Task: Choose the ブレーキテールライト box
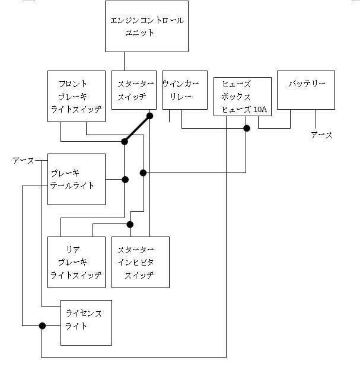click(77, 179)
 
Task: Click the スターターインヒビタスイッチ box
click(141, 262)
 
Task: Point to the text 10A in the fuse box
click(260, 110)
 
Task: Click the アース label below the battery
click(321, 136)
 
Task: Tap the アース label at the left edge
click(23, 161)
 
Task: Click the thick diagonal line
click(137, 129)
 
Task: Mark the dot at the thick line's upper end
click(150, 116)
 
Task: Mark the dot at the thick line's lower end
click(125, 142)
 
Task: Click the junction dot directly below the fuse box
click(247, 128)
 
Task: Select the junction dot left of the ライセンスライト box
click(42, 325)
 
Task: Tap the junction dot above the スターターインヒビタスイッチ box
click(130, 224)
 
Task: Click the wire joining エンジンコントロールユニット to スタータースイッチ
click(124, 62)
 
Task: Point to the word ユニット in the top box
click(140, 33)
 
